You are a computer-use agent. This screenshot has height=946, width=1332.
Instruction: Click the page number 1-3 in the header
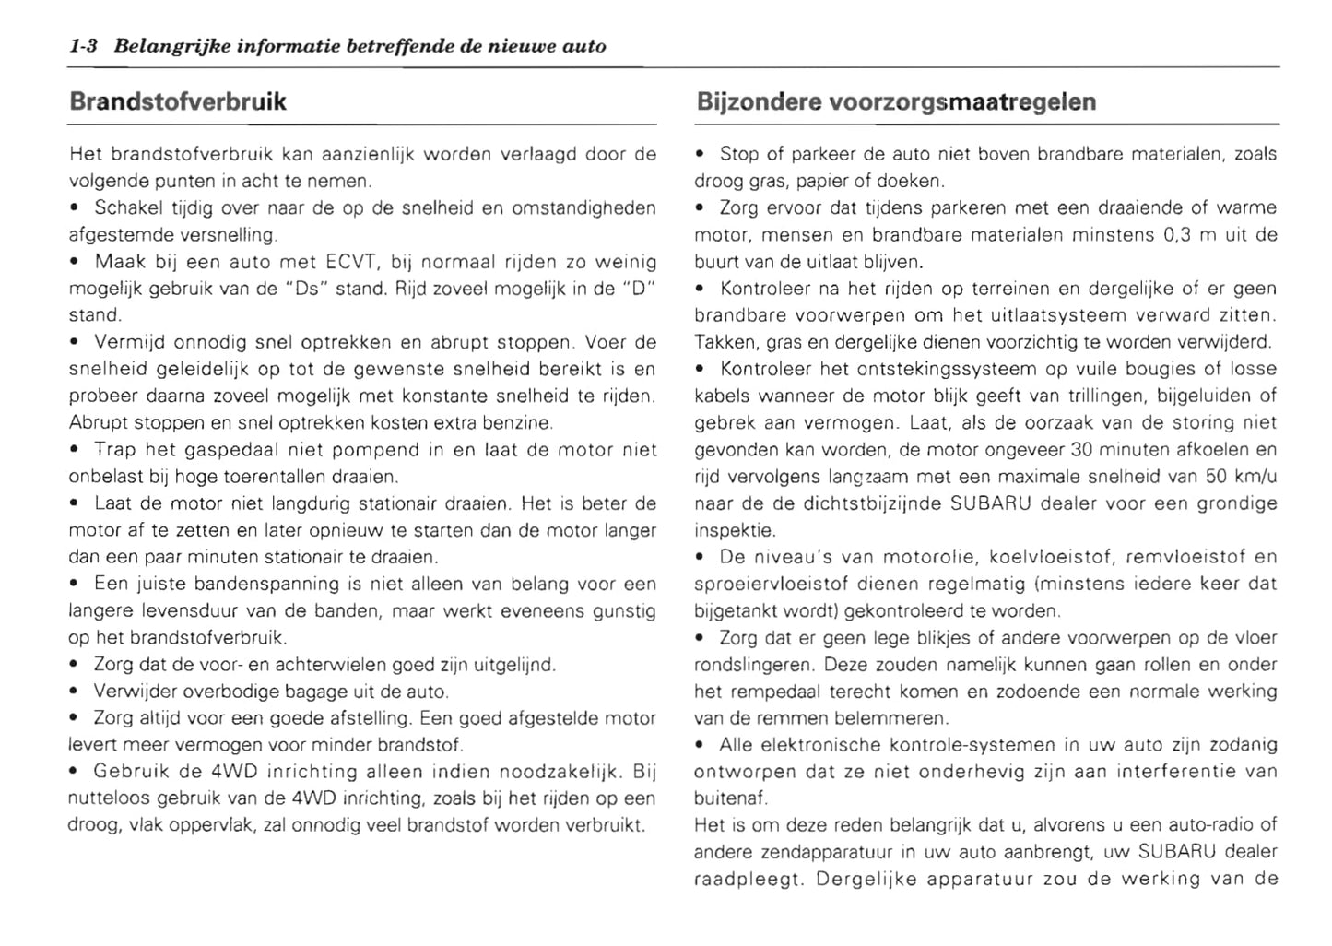(84, 46)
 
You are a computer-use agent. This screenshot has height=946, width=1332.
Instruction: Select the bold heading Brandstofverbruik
(178, 101)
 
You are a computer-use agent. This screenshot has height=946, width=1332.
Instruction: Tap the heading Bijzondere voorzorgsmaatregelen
(896, 101)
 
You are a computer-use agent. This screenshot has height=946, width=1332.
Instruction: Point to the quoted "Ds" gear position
(302, 289)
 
